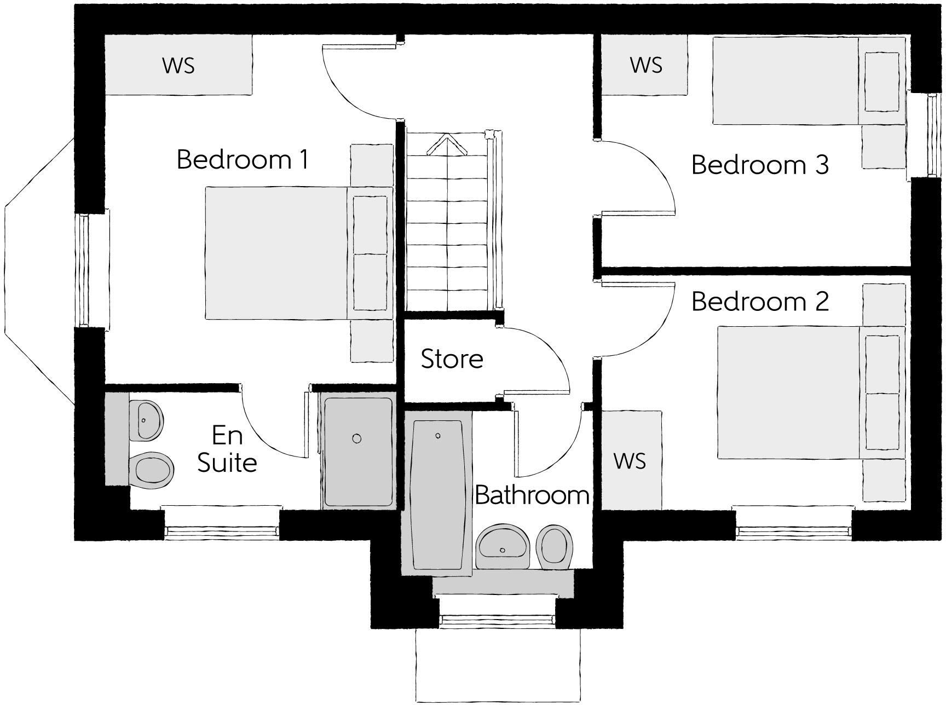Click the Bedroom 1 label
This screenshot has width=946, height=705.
click(243, 160)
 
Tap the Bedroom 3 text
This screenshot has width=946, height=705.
click(759, 165)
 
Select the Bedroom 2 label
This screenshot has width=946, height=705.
click(759, 302)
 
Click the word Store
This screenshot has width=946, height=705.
click(452, 359)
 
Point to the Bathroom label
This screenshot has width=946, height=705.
click(531, 495)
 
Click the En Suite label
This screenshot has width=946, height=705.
click(227, 449)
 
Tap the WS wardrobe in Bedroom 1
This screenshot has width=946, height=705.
click(178, 65)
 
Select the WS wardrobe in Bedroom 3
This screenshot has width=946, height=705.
click(645, 65)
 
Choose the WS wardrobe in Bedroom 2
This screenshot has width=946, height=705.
click(631, 461)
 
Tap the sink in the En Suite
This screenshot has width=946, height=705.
click(147, 420)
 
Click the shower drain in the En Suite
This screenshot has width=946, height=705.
click(357, 438)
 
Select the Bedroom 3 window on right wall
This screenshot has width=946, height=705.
click(932, 135)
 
